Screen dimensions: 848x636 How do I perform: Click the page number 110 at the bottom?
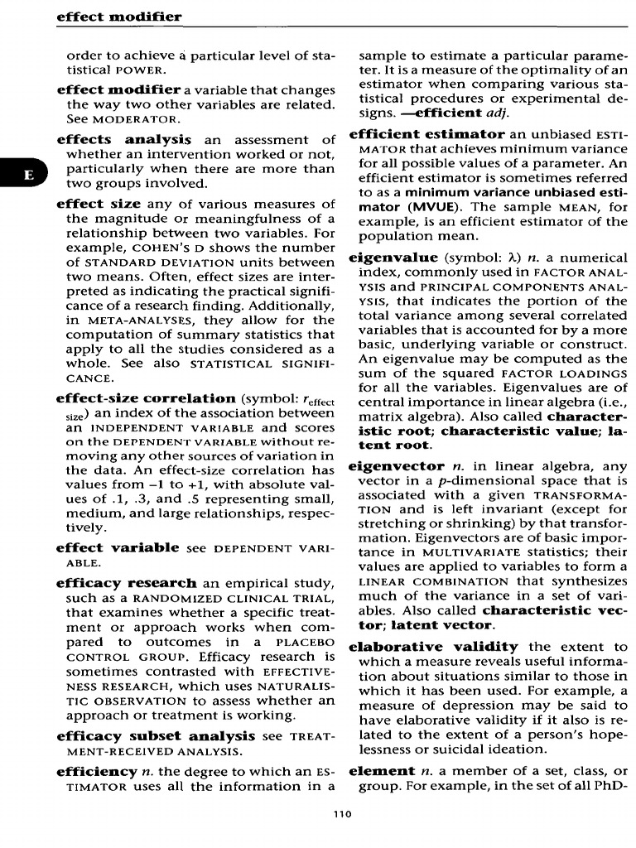point(341,814)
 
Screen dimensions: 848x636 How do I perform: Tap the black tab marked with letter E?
point(28,175)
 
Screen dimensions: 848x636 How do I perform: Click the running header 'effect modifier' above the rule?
point(118,17)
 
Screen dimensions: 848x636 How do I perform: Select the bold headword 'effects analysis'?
point(123,140)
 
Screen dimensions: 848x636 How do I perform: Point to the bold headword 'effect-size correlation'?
point(146,397)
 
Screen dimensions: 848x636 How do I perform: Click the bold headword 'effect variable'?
point(117,547)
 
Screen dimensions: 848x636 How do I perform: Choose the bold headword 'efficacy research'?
point(126,583)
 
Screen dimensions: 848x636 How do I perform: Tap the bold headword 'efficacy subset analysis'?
point(155,735)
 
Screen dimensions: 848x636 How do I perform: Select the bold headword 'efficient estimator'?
point(426,133)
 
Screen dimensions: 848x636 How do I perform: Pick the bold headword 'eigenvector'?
point(397,466)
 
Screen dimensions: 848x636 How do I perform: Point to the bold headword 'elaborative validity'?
point(434,646)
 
